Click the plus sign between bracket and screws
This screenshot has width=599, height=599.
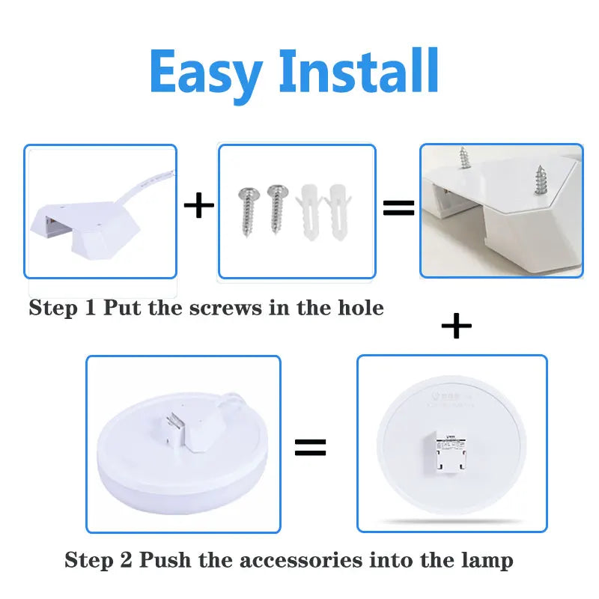pyautogui.click(x=198, y=206)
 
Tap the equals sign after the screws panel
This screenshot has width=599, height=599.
pyautogui.click(x=398, y=207)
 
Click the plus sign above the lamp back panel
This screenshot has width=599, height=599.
pyautogui.click(x=457, y=326)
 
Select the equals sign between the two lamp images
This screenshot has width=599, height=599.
pyautogui.click(x=310, y=448)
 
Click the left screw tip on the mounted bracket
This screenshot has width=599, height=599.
pyautogui.click(x=463, y=158)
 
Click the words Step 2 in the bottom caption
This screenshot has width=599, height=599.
pyautogui.click(x=98, y=560)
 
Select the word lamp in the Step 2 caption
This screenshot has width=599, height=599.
pyautogui.click(x=487, y=560)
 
